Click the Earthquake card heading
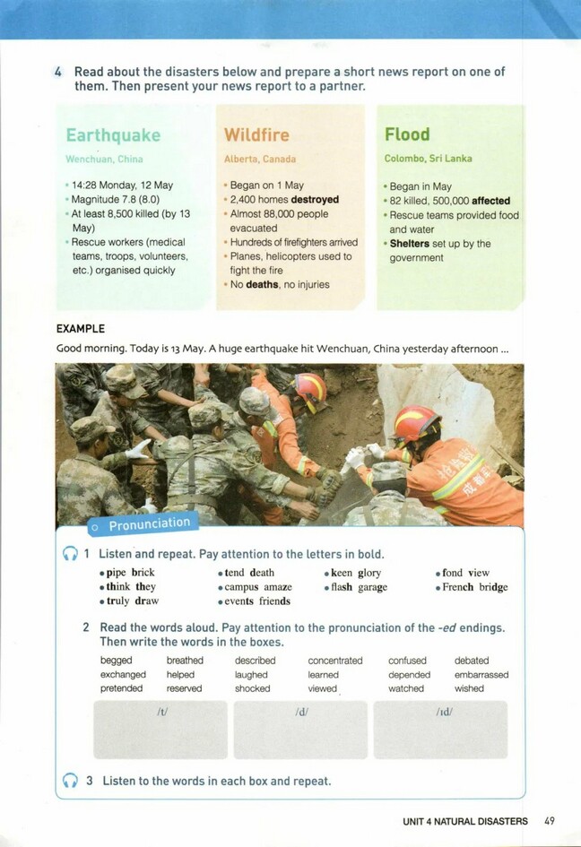[x=113, y=135]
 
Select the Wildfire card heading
[x=256, y=135]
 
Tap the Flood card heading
[x=407, y=134]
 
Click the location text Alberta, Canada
[x=258, y=159]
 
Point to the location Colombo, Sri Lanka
[x=428, y=159]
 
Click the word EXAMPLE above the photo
[x=81, y=329]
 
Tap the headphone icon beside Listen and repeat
[x=70, y=555]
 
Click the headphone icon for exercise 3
[x=70, y=781]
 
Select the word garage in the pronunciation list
[x=372, y=587]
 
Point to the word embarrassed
[x=481, y=674]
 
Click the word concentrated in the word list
[x=334, y=661]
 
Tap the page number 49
[x=549, y=820]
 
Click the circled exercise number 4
[x=59, y=72]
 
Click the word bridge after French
[x=493, y=587]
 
